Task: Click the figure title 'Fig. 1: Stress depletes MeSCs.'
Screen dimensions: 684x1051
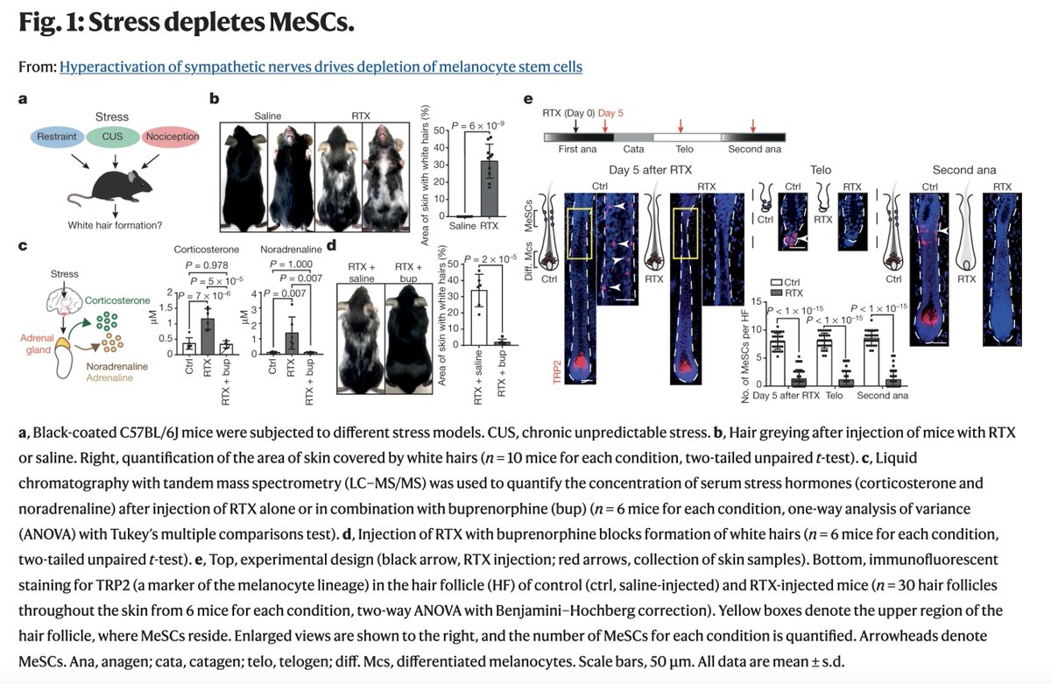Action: pos(187,24)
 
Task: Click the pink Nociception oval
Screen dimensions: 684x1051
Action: pos(172,136)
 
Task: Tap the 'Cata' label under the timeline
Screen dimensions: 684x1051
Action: pos(633,150)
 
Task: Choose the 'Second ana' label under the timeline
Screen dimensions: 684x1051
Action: pos(755,150)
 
